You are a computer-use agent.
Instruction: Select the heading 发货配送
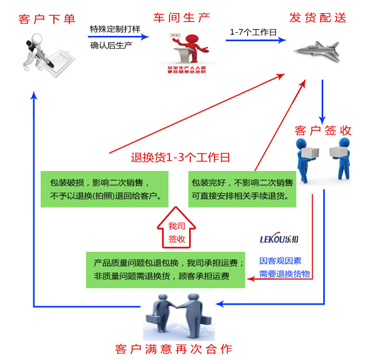coord(318,17)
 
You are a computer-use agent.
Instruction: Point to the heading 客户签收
coord(323,130)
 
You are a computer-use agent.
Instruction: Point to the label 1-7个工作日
coord(253,32)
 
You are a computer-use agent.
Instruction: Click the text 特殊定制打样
coord(115,29)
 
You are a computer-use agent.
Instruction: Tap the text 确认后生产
coord(111,45)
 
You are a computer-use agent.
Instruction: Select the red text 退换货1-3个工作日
coord(180,157)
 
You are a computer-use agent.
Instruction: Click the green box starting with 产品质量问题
coord(166,269)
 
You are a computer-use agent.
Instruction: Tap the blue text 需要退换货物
coord(284,274)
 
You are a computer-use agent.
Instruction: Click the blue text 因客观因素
coord(280,261)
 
